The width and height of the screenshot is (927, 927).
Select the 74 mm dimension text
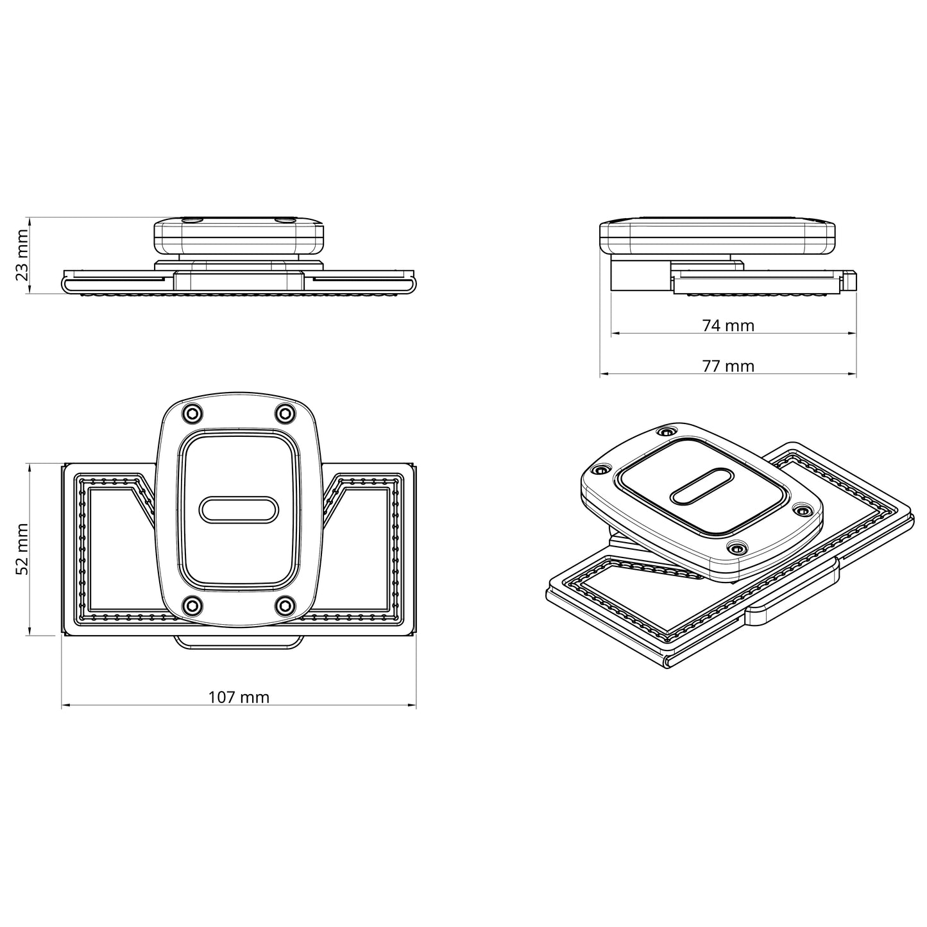point(728,326)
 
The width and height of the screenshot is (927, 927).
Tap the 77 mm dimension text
point(728,366)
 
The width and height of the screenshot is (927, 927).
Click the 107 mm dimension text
point(239,697)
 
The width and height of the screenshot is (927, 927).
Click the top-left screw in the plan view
point(191,414)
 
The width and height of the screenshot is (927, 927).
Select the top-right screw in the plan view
point(284,414)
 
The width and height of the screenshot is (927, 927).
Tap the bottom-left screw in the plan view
point(191,605)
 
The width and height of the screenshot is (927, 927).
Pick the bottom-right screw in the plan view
point(284,605)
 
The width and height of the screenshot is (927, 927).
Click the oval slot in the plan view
point(237,510)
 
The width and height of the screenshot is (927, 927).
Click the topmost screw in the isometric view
point(667,432)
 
